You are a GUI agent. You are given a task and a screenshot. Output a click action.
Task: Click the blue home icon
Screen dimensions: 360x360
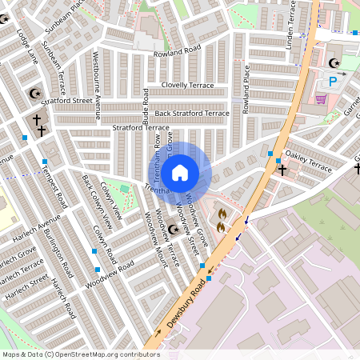click(x=180, y=172)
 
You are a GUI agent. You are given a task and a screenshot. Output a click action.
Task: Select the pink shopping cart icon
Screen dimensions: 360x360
click(x=322, y=99)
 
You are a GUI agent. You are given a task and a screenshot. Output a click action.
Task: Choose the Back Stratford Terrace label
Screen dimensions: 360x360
click(x=192, y=114)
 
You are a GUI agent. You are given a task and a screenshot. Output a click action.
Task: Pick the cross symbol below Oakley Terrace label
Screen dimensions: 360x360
click(x=281, y=170)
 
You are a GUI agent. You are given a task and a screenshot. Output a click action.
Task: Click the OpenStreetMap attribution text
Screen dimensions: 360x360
click(x=80, y=354)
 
